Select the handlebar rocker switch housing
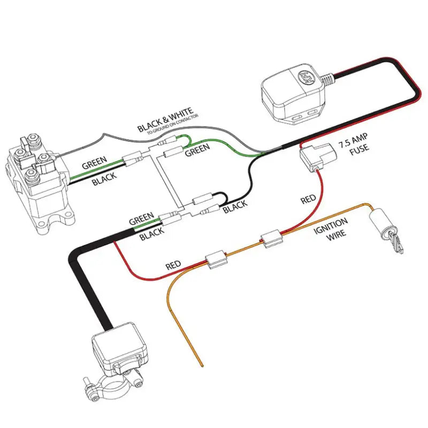point(119,351)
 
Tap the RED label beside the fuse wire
point(309,200)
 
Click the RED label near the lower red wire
point(173,265)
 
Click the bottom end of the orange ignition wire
point(202,365)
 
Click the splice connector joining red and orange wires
point(215,261)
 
